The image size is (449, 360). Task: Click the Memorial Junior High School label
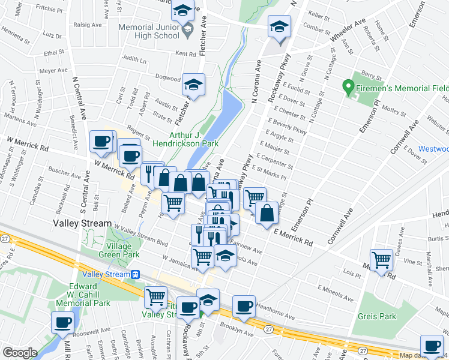click(x=149, y=31)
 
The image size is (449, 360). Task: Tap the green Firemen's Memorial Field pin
click(x=347, y=88)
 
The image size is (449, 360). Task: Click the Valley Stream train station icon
click(x=136, y=274)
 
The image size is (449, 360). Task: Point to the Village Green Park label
click(x=122, y=250)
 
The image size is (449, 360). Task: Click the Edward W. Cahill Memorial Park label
click(x=75, y=294)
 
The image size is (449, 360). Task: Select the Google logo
click(x=20, y=353)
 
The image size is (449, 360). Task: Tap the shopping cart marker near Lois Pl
click(x=381, y=260)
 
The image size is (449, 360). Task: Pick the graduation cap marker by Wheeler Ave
click(x=279, y=26)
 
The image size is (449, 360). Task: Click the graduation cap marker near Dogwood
click(x=193, y=84)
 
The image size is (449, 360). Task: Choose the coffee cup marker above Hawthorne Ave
click(x=244, y=306)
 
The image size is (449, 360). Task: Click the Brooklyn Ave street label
click(x=235, y=330)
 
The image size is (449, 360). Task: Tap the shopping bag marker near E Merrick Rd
click(x=267, y=212)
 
